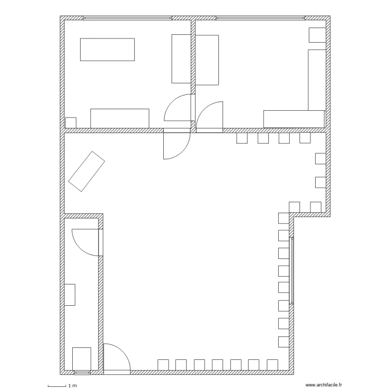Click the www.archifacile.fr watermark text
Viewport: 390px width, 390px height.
(323, 385)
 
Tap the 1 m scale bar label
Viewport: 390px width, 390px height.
(73, 386)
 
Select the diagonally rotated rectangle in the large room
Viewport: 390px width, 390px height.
(86, 172)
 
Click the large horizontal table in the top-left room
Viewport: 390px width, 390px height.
(108, 49)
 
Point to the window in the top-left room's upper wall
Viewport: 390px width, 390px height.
(127, 18)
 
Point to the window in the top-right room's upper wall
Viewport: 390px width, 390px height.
(261, 18)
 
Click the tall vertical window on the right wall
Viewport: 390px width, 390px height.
(292, 270)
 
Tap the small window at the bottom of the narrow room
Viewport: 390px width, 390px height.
(82, 372)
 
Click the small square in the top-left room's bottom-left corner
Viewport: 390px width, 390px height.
(71, 123)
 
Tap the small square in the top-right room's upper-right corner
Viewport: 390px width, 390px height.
(317, 35)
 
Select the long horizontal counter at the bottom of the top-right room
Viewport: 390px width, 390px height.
(294, 119)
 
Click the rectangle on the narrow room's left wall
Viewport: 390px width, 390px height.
(70, 295)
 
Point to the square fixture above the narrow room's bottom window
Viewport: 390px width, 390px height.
(82, 359)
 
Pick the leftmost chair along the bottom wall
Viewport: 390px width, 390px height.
(163, 365)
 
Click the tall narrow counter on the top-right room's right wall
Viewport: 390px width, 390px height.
(317, 80)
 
